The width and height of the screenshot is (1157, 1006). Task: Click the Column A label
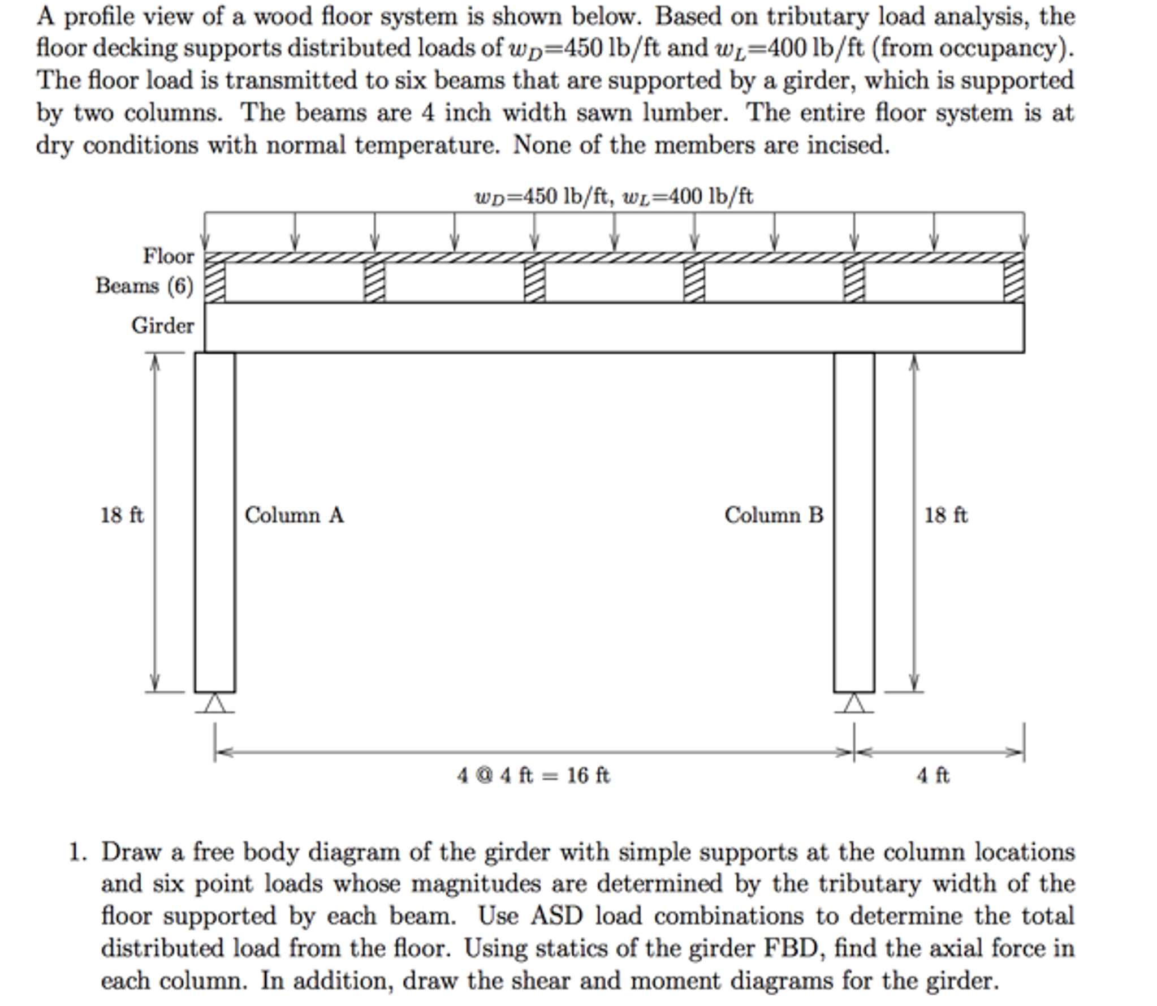point(294,515)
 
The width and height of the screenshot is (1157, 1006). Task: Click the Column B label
point(774,515)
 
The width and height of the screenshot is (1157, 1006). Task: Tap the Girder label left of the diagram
point(163,325)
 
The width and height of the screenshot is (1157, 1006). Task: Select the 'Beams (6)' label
point(145,286)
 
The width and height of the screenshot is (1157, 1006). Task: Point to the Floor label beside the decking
point(169,256)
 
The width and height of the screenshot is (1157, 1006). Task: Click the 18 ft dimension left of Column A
point(122,515)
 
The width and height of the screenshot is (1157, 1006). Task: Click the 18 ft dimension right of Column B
point(946,515)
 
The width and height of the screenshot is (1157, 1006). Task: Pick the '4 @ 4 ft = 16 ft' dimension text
point(533,775)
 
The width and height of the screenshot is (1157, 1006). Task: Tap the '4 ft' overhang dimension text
point(933,775)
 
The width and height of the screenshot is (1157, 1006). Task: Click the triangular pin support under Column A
point(214,703)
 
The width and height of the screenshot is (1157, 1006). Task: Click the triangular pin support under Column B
point(854,703)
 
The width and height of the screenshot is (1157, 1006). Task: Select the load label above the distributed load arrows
point(614,196)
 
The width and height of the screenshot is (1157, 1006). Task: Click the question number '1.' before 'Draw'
point(78,852)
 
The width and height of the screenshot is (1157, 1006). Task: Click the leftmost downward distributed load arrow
point(205,232)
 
